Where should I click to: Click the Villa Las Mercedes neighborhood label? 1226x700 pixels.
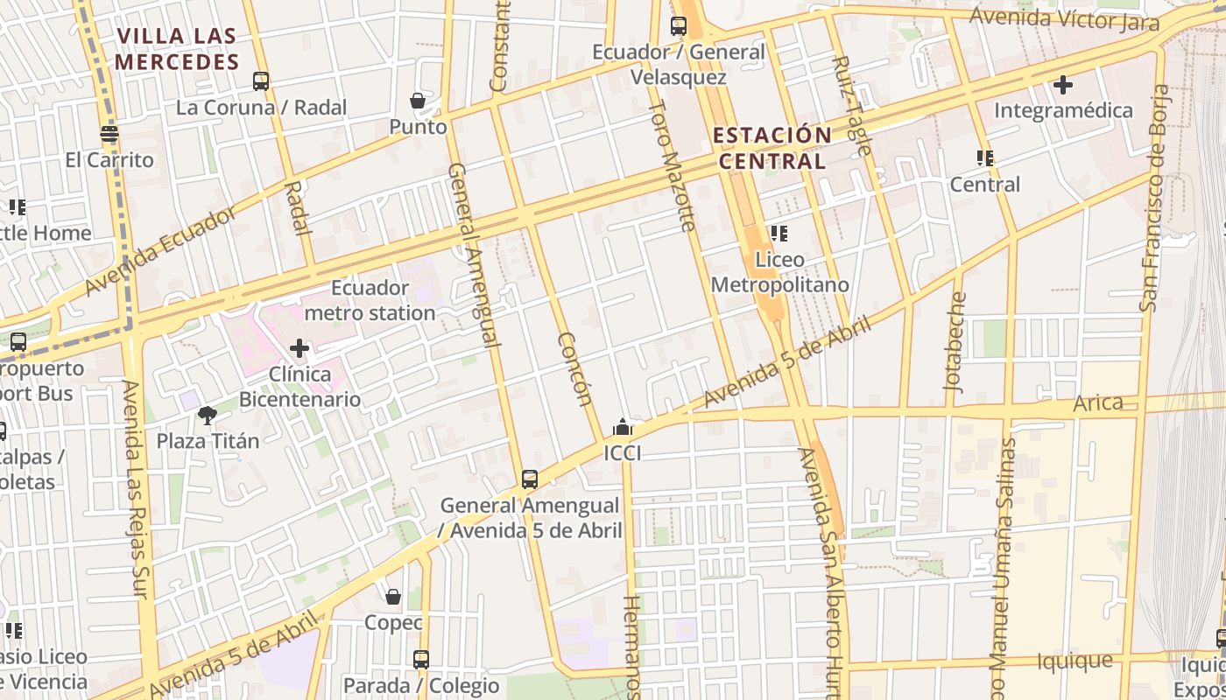click(x=178, y=49)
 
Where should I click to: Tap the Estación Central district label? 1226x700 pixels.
click(x=772, y=148)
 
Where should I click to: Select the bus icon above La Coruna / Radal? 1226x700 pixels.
click(x=261, y=81)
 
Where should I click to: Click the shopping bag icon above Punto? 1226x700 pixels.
click(x=418, y=101)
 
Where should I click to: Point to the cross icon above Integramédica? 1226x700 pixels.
click(x=1063, y=85)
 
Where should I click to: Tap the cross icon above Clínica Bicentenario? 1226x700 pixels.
click(x=299, y=348)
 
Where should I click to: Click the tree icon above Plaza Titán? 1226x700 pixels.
click(x=208, y=415)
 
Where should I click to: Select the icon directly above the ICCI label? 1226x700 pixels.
click(x=623, y=427)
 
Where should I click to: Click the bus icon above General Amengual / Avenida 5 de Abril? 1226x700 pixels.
click(x=530, y=479)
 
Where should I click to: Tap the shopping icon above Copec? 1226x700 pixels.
click(x=393, y=597)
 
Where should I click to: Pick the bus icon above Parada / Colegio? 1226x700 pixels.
click(x=421, y=659)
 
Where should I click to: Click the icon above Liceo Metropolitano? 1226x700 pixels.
click(x=779, y=234)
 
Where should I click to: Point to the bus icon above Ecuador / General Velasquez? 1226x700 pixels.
click(x=679, y=26)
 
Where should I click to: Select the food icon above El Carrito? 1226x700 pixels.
click(x=109, y=134)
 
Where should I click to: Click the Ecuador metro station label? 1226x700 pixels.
click(x=370, y=300)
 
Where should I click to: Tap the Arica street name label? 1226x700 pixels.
click(x=1098, y=402)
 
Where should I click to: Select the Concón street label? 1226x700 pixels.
click(x=574, y=370)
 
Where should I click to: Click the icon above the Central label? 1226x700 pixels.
click(x=985, y=158)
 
